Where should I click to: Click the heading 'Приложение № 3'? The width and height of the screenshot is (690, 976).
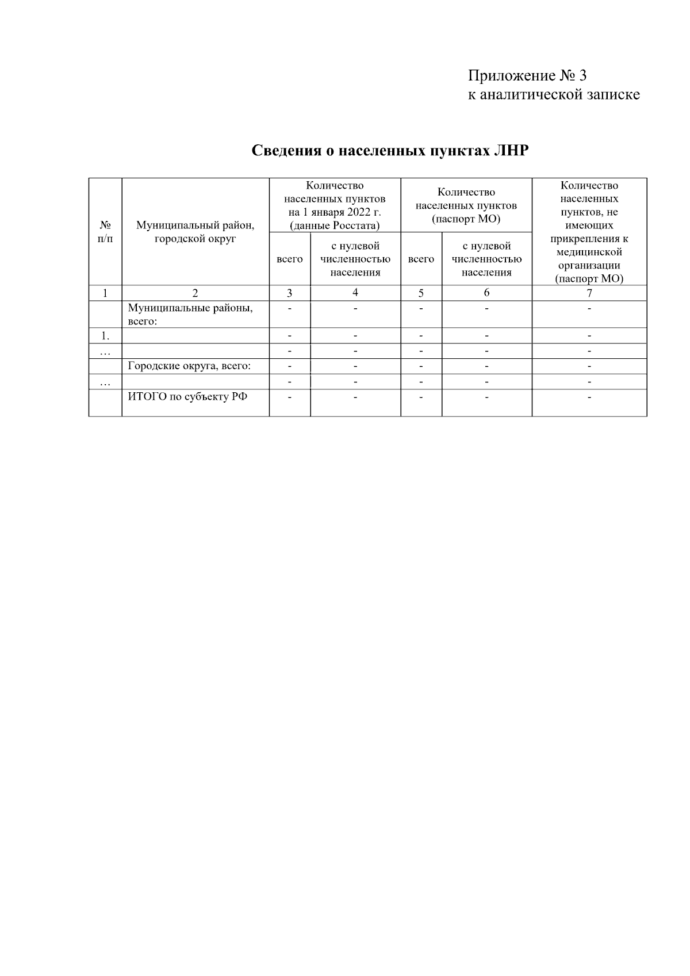[527, 76]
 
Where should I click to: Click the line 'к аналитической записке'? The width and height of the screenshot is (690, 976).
[553, 94]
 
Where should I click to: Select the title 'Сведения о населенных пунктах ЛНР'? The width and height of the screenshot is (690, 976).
[390, 151]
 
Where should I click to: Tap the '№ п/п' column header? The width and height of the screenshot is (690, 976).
[105, 232]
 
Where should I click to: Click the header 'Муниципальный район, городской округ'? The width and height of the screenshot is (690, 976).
[195, 232]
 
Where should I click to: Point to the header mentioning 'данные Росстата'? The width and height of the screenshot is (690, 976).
[335, 205]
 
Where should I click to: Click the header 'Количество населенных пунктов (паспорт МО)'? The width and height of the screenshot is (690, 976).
[466, 205]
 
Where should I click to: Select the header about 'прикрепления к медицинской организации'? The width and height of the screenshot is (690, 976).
[589, 232]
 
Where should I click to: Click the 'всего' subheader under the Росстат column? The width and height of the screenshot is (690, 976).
[290, 259]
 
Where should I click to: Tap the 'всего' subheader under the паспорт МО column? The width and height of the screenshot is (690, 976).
[421, 259]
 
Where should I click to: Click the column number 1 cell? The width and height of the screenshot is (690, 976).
[105, 293]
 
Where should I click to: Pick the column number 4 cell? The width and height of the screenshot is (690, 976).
[355, 293]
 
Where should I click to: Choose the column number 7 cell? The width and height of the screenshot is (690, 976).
[589, 293]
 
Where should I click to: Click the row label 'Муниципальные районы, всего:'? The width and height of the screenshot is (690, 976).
[190, 314]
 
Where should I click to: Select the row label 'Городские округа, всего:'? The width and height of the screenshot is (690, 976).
[189, 366]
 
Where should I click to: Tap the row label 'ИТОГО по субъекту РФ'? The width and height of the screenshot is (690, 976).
[187, 396]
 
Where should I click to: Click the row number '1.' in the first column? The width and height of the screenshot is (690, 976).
[105, 336]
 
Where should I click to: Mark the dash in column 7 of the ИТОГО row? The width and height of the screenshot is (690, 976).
[589, 396]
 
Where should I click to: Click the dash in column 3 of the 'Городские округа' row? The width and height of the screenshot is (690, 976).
[290, 366]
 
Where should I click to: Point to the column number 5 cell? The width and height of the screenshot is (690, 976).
[421, 293]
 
